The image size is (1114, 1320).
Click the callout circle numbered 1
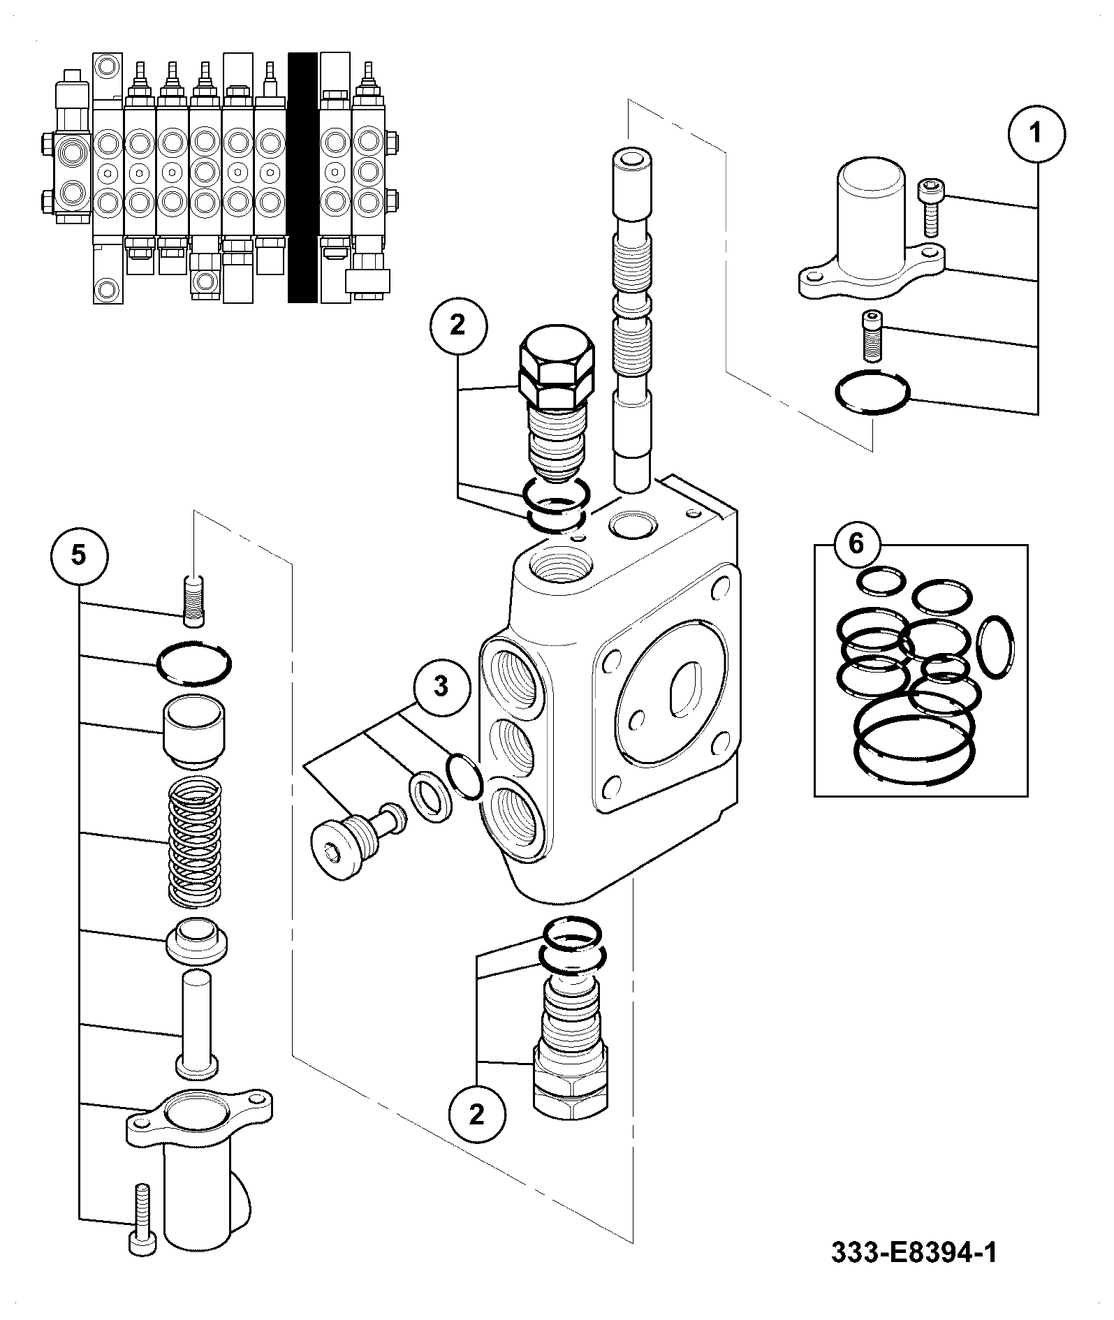click(1036, 133)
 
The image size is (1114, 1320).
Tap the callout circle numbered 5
click(79, 556)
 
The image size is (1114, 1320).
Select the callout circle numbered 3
click(441, 687)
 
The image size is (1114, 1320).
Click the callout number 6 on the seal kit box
click(856, 543)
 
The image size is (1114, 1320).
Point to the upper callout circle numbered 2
click(457, 326)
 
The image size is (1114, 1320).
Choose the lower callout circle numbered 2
click(476, 1113)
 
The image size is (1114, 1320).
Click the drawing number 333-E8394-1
click(914, 1252)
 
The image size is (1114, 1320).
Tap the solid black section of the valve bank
click(302, 177)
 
